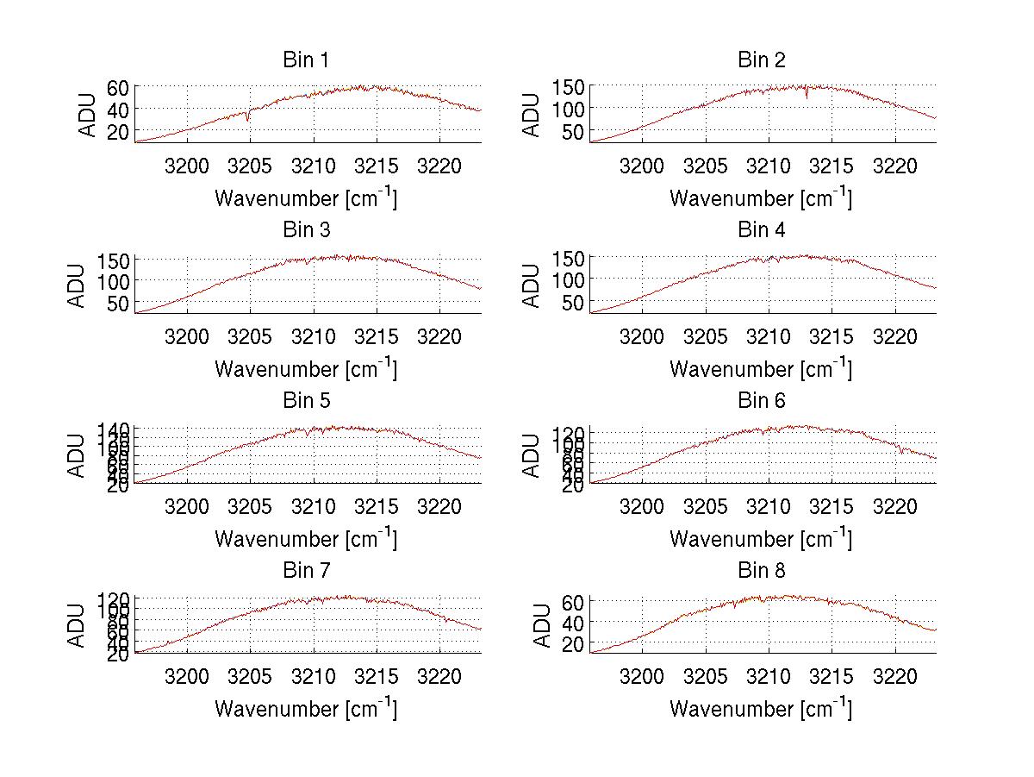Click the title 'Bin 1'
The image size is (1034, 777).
(x=306, y=60)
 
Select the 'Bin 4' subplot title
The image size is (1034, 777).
(x=762, y=230)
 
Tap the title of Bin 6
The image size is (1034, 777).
(x=762, y=400)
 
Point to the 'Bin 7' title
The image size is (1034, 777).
(x=306, y=570)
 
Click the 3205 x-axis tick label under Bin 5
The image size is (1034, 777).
(x=250, y=506)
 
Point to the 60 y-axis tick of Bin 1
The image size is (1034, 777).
(x=118, y=87)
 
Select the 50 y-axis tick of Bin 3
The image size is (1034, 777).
(x=118, y=304)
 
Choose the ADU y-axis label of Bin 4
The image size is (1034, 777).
(x=533, y=285)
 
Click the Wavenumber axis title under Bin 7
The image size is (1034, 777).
(x=306, y=707)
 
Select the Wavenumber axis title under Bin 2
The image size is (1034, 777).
(x=761, y=197)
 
